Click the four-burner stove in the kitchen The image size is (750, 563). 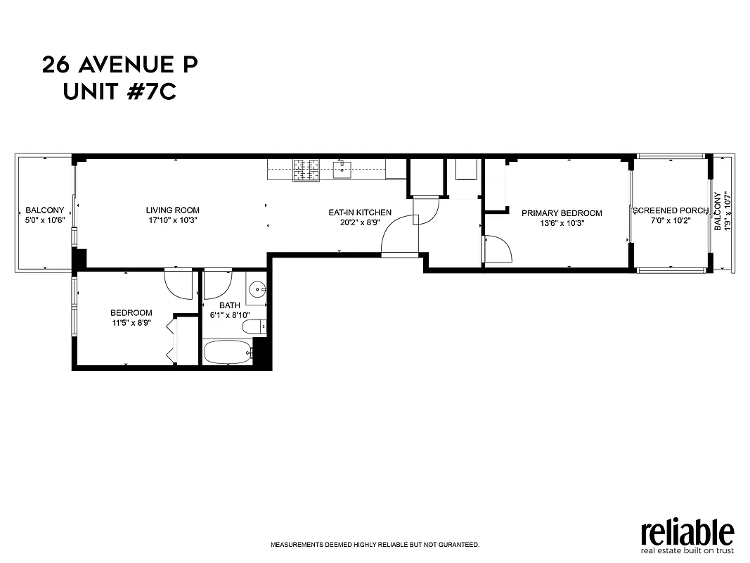[x=306, y=169]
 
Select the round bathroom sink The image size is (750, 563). [x=258, y=289]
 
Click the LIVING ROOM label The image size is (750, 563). [x=172, y=210]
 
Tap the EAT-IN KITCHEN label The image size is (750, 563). [x=360, y=213]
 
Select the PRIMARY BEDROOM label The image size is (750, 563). [x=562, y=213]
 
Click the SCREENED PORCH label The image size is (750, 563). [x=670, y=210]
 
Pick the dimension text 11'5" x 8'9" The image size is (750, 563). [x=131, y=324]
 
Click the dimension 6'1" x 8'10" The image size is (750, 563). [x=230, y=315]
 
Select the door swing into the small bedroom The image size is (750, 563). [x=179, y=283]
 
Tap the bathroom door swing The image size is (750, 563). [x=218, y=283]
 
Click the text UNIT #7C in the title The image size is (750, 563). [x=119, y=91]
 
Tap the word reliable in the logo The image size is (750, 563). [x=687, y=532]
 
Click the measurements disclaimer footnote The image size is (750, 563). [x=375, y=545]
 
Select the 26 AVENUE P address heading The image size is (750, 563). [x=119, y=65]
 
